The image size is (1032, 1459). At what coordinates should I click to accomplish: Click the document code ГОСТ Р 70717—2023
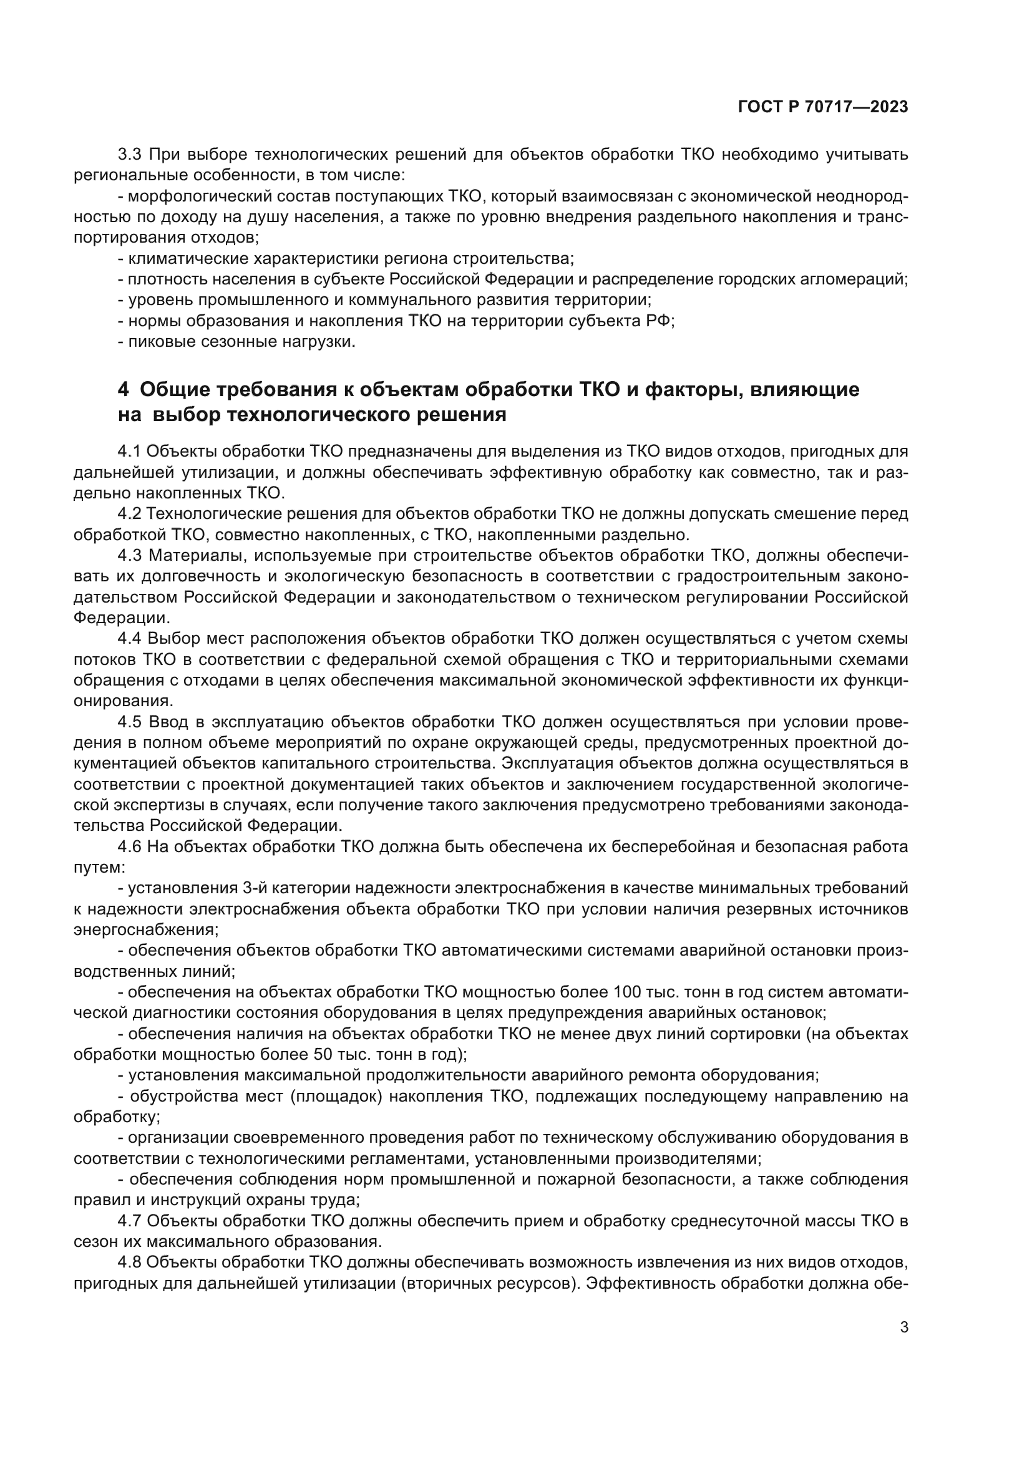823,107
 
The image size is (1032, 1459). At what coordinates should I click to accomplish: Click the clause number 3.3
130,155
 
